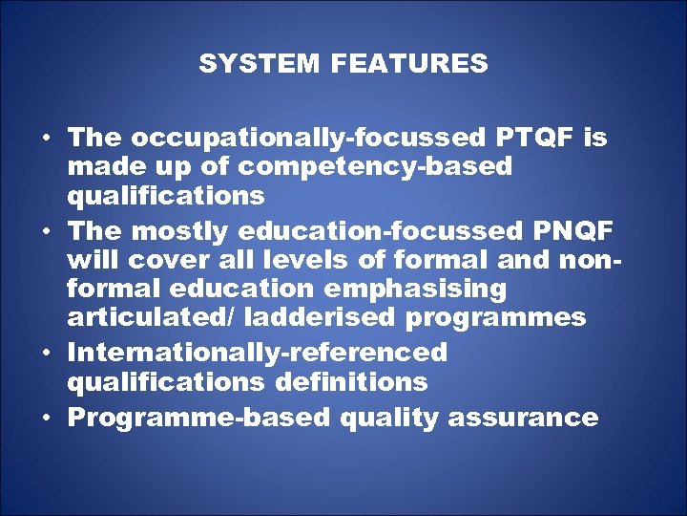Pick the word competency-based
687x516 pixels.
(x=375, y=167)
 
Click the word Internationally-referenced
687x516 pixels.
(x=258, y=353)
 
